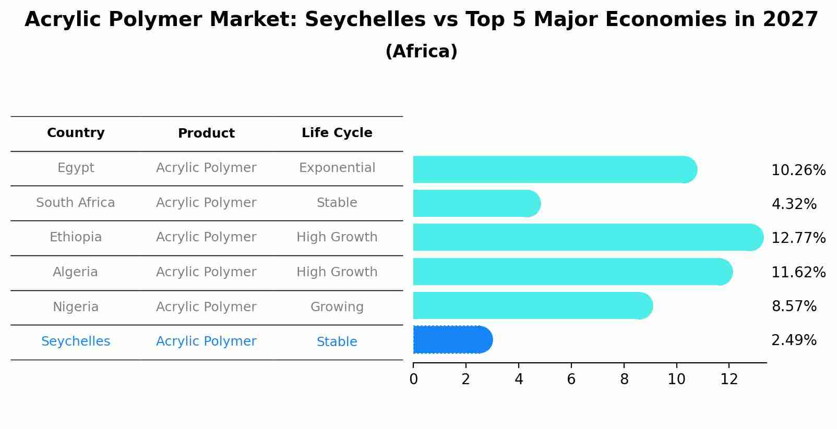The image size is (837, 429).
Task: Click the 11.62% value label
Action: tap(798, 273)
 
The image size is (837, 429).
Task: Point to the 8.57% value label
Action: tap(794, 307)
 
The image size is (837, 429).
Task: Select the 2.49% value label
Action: tap(794, 340)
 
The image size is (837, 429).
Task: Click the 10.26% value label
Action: tap(798, 170)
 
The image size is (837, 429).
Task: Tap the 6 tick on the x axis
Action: tap(571, 379)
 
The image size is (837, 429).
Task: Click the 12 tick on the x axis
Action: tap(729, 379)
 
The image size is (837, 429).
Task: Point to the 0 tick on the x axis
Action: tap(413, 379)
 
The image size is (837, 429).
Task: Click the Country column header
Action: tap(76, 133)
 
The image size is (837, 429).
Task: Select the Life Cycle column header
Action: tap(337, 133)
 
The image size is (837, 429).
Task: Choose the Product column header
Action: tap(206, 133)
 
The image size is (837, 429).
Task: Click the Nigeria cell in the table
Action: tap(76, 307)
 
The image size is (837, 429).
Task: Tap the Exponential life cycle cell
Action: tap(337, 168)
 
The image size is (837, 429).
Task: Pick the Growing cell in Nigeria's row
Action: tap(337, 307)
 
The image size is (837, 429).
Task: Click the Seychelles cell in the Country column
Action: tap(76, 341)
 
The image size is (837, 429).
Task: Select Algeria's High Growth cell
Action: tap(337, 272)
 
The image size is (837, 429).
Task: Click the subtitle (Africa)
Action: tap(421, 52)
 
